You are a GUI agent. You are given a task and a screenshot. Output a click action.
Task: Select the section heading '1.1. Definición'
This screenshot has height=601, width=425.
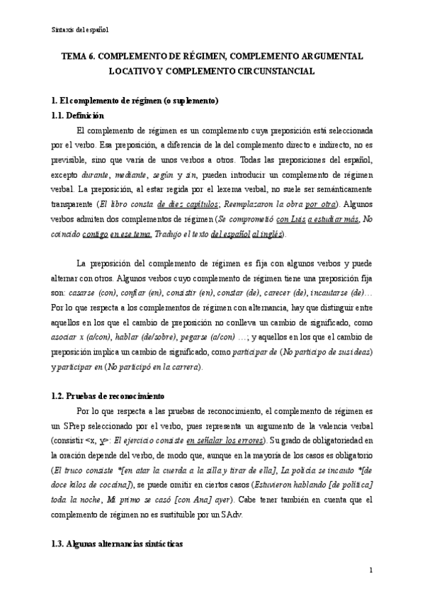click(x=78, y=116)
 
